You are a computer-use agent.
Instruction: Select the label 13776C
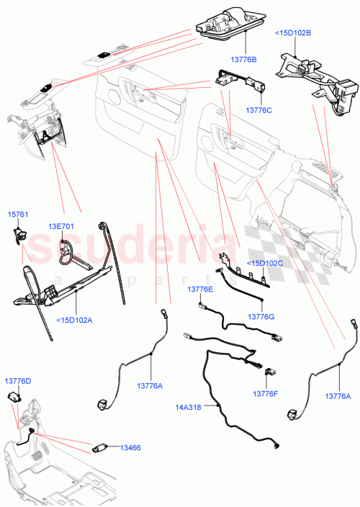pyautogui.click(x=258, y=110)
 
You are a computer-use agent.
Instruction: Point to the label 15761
pyautogui.click(x=18, y=215)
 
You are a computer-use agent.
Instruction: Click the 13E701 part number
pyautogui.click(x=61, y=226)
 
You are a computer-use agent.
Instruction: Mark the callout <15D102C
pyautogui.click(x=265, y=263)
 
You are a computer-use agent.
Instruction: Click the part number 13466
pyautogui.click(x=130, y=448)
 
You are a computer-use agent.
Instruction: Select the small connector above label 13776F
pyautogui.click(x=270, y=373)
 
